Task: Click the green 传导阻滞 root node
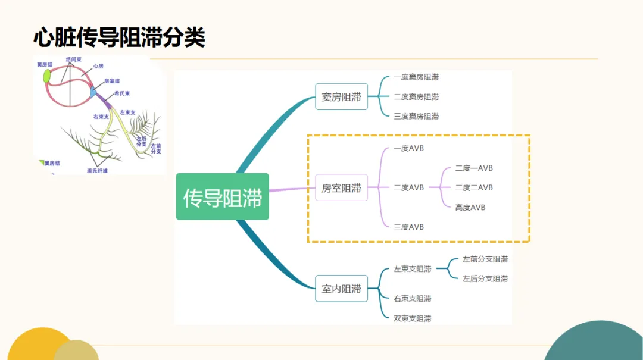222,197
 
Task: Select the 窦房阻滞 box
341,97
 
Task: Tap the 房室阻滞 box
341,188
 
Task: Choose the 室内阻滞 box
341,289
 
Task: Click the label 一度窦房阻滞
416,77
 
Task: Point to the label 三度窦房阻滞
416,116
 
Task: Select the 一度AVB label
409,148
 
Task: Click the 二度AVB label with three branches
409,187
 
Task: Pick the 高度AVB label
470,207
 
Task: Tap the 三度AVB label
409,227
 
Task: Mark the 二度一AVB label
474,168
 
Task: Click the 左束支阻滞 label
413,269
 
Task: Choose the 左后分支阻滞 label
485,278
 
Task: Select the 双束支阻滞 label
413,318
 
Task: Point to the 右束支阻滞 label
413,298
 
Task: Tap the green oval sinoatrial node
46,76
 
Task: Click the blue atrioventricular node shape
92,92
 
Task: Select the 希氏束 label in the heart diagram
123,93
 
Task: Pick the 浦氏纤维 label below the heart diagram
97,171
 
